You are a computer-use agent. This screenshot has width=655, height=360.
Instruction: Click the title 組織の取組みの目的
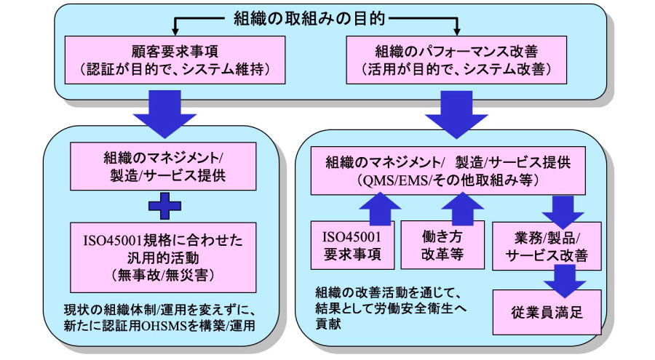point(309,19)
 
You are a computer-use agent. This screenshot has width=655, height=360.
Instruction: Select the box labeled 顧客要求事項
point(175,60)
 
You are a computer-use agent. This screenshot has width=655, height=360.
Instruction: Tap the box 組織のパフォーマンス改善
point(456,60)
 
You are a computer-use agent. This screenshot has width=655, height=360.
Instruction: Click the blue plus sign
point(165,206)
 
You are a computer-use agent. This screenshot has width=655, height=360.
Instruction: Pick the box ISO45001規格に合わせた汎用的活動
point(163,257)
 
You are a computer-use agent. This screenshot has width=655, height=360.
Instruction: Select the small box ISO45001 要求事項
point(352,245)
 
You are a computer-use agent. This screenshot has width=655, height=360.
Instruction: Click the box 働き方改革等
point(442,245)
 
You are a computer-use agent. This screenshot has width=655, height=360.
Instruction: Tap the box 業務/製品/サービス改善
point(547,247)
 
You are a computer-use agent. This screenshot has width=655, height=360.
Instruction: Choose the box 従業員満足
point(547,313)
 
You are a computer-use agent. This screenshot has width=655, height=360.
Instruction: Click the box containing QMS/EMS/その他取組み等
point(448,171)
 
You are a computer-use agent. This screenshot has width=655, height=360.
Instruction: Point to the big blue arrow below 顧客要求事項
point(164,114)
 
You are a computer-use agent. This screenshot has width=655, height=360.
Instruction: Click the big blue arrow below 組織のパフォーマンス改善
point(456,114)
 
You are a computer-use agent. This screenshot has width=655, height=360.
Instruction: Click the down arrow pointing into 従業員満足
point(565,281)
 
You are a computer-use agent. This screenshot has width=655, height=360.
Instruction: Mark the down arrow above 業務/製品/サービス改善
point(563,212)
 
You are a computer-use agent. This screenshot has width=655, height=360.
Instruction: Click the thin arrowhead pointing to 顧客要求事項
point(175,32)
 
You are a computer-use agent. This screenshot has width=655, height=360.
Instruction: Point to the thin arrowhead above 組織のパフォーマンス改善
point(456,32)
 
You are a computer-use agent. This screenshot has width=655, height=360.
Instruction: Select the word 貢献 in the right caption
point(328,324)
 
